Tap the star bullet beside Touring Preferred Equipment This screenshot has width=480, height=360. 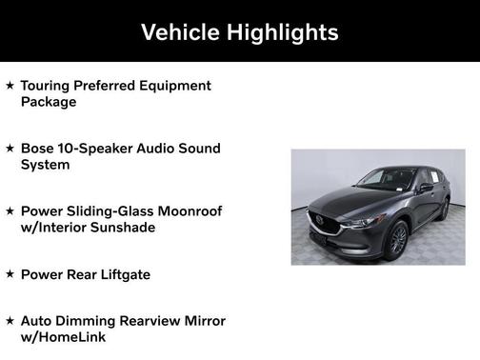click(10, 86)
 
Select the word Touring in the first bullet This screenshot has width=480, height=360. click(48, 86)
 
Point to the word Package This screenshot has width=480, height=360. click(49, 102)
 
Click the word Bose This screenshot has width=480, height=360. click(38, 149)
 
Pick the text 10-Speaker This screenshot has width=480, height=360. click(98, 149)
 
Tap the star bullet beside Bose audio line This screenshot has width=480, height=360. click(10, 149)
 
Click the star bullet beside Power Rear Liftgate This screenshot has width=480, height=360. click(10, 274)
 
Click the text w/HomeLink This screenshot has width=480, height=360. click(63, 337)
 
